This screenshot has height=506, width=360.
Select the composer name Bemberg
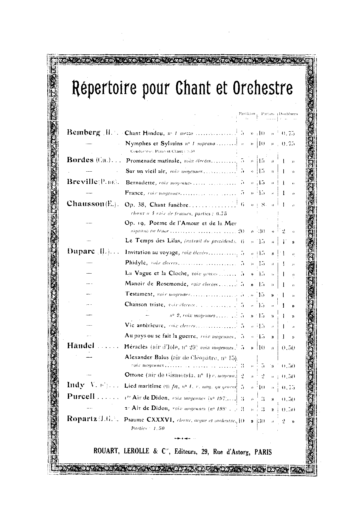tap(84, 132)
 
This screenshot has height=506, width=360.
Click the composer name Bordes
tap(80, 160)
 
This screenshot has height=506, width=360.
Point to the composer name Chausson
tap(86, 204)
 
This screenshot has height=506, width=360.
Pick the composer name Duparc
tap(81, 252)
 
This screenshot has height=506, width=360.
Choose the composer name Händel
tap(81, 346)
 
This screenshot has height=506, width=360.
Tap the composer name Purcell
tap(81, 397)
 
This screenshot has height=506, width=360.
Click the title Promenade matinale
tap(153, 161)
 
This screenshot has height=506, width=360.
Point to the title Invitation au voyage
tap(152, 252)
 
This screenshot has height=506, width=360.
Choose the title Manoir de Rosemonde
tap(156, 284)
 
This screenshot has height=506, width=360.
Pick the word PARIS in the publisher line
tap(263, 452)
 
